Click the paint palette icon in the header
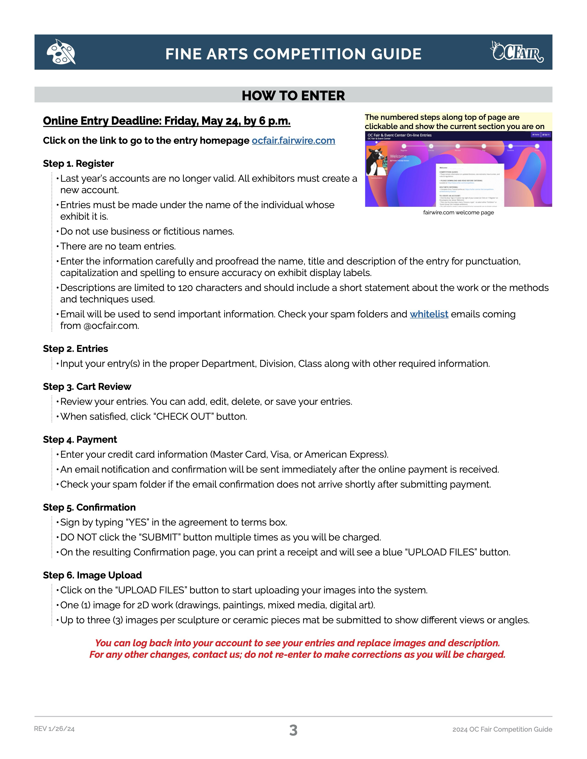[x=61, y=52]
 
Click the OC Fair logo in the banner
[x=517, y=52]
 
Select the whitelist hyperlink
[x=429, y=314]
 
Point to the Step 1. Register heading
[x=78, y=164]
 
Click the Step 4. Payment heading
[x=80, y=440]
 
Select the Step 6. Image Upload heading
[x=92, y=575]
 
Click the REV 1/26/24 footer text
[x=54, y=729]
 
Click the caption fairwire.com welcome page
[x=458, y=213]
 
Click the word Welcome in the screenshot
[x=398, y=156]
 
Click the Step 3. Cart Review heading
[x=87, y=387]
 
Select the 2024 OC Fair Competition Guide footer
[x=502, y=730]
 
